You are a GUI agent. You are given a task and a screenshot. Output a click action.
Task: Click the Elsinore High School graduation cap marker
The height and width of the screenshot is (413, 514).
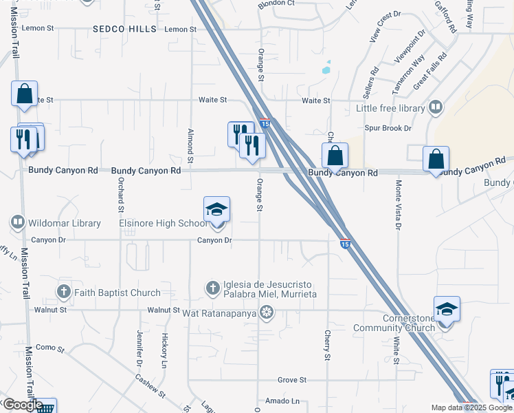click(216, 210)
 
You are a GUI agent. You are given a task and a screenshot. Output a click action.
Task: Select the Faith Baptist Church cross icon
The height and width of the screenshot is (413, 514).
click(64, 292)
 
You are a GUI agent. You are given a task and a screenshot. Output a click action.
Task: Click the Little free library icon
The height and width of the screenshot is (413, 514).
click(435, 107)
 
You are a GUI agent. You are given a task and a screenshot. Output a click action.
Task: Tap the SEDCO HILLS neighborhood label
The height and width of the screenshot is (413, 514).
click(120, 29)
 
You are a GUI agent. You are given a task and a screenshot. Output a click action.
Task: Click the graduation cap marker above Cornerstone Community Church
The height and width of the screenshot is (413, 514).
click(447, 309)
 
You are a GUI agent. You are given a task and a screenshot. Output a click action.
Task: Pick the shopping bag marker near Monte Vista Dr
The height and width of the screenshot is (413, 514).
click(436, 159)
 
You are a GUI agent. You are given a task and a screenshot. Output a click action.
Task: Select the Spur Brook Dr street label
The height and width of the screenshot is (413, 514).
click(388, 128)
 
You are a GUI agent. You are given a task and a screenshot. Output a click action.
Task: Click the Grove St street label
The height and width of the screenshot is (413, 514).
click(291, 379)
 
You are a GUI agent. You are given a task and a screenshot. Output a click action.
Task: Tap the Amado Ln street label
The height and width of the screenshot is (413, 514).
click(286, 401)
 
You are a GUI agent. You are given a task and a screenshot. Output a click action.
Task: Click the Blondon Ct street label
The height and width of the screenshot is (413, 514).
click(276, 3)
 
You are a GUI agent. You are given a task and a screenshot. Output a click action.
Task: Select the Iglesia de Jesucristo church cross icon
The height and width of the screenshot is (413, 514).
click(213, 287)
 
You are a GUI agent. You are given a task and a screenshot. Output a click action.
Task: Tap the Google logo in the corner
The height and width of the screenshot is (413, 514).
click(22, 405)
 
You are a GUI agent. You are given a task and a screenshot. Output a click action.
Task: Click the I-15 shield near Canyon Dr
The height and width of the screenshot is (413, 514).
click(345, 243)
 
